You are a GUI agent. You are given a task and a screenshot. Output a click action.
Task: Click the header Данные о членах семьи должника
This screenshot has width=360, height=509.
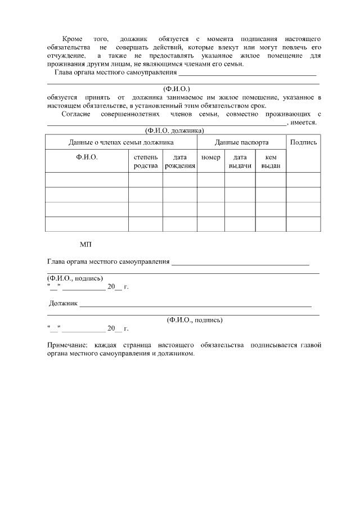121,142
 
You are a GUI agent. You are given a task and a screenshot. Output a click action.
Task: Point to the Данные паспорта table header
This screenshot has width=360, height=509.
241,142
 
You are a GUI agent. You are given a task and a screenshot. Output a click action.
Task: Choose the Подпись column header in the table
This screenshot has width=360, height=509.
303,142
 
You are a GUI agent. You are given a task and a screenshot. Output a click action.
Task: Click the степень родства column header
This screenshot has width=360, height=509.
146,161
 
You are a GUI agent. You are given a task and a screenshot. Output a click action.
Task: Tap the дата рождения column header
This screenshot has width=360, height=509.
180,161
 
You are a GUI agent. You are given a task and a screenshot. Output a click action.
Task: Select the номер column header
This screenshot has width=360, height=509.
210,157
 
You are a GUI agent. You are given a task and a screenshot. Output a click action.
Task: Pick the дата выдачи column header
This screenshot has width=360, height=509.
240,161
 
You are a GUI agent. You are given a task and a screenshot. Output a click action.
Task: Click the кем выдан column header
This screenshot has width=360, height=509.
271,161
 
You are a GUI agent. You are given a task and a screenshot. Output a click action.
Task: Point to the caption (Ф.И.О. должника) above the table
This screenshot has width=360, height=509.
174,130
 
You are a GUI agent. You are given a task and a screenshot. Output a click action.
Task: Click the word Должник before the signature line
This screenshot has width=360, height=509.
63,304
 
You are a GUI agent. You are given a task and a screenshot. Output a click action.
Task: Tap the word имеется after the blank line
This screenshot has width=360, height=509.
303,123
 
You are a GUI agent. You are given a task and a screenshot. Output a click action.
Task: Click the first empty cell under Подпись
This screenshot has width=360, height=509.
303,180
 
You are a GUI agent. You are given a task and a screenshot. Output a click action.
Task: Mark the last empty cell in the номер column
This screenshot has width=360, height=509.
210,224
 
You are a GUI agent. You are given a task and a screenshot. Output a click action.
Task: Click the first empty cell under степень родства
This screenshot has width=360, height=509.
146,180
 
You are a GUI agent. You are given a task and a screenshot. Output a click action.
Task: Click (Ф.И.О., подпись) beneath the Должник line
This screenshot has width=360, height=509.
195,319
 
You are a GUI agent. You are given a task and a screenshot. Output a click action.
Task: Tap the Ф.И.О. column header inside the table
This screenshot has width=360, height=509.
87,157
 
